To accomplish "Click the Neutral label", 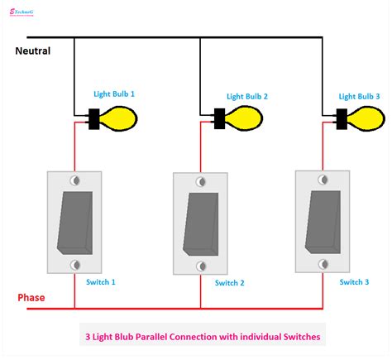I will [33, 50].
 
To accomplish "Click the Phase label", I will [31, 297].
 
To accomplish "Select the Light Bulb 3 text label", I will [360, 96].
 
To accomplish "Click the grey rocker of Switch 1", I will [75, 222].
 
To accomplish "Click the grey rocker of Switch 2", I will [199, 223].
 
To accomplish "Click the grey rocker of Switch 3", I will [322, 220].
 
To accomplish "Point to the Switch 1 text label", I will [100, 282].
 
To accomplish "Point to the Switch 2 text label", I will [229, 283].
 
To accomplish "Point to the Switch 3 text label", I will [355, 281].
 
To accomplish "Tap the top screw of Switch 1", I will [75, 180].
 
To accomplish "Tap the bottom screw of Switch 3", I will [322, 263].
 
